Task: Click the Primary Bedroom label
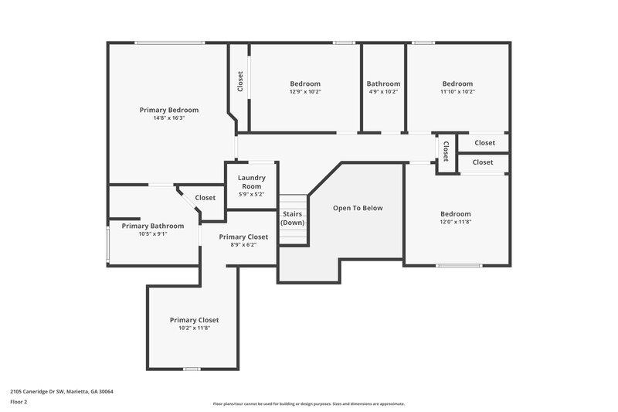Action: tap(168, 110)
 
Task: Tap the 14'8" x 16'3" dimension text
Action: tap(168, 118)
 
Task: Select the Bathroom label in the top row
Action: tap(383, 83)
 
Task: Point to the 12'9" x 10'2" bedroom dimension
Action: tap(305, 92)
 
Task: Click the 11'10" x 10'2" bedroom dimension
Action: tap(457, 92)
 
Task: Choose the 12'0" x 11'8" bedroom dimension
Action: tap(456, 222)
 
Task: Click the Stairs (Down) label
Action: tap(292, 218)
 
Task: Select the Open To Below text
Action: tap(358, 208)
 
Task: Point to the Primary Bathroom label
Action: tap(152, 226)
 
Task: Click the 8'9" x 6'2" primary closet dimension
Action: tap(243, 245)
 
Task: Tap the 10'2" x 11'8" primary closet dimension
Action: tap(194, 328)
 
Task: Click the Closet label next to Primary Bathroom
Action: tap(205, 198)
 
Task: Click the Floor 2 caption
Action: tap(19, 402)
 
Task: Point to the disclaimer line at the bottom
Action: tap(308, 403)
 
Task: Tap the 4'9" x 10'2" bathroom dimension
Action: tap(383, 92)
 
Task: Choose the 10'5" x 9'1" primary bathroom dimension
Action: tap(152, 233)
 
